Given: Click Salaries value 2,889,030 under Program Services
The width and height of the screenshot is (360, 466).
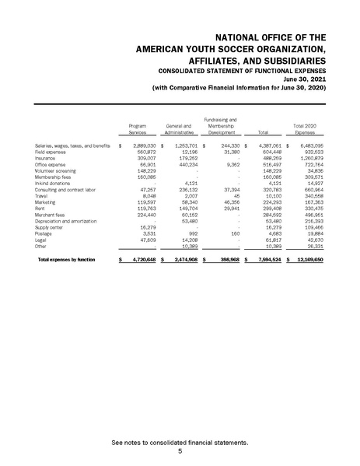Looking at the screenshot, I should (x=142, y=145).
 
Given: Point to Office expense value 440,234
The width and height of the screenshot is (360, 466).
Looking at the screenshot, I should (x=187, y=165).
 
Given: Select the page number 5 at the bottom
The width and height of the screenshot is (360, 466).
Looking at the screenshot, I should (x=180, y=451).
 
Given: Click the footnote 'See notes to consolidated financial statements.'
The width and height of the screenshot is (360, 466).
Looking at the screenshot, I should (x=180, y=442).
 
